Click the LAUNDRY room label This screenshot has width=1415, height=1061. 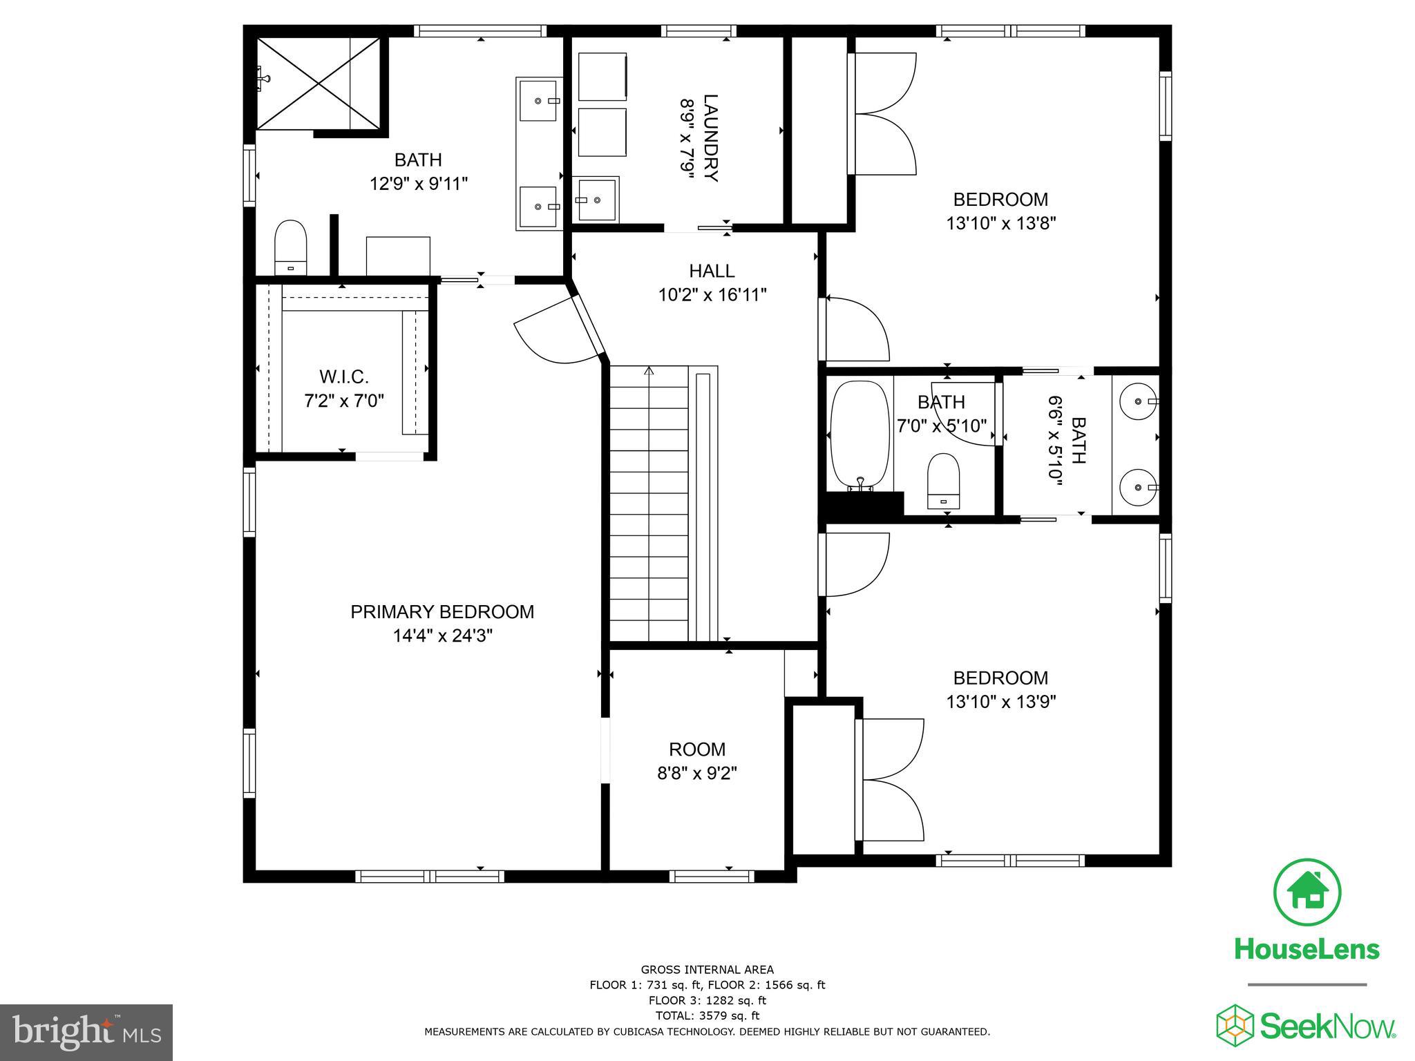710,137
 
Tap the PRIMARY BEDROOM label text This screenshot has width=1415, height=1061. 442,612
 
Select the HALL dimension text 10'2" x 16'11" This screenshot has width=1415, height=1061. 712,295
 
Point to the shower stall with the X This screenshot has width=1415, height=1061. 319,84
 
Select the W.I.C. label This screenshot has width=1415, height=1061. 343,377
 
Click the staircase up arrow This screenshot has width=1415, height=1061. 649,372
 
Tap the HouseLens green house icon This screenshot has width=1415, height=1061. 1307,892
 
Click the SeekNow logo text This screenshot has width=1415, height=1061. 1327,1025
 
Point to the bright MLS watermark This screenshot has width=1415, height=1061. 86,1033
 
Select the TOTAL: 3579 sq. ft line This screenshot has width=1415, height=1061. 707,1015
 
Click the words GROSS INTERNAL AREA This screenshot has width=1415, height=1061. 707,969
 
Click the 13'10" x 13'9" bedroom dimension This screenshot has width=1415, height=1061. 1000,702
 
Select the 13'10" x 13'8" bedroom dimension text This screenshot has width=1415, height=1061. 1000,223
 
